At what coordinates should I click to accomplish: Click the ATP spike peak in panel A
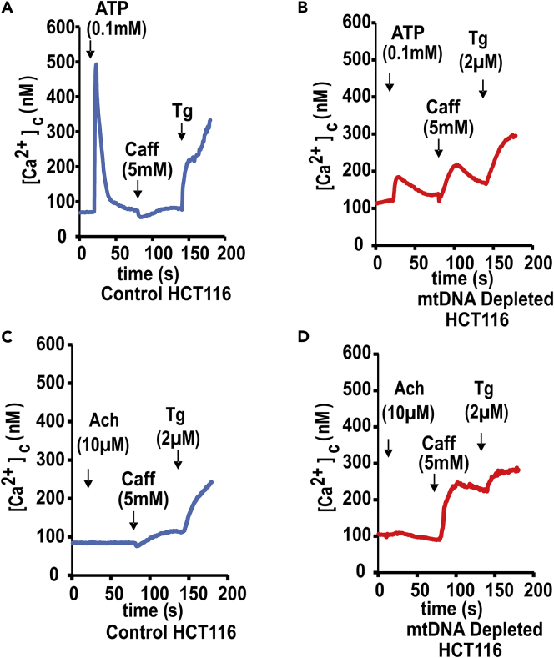[96, 64]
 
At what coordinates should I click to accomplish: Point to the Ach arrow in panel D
[388, 450]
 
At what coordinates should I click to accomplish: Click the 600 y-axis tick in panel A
[59, 28]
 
